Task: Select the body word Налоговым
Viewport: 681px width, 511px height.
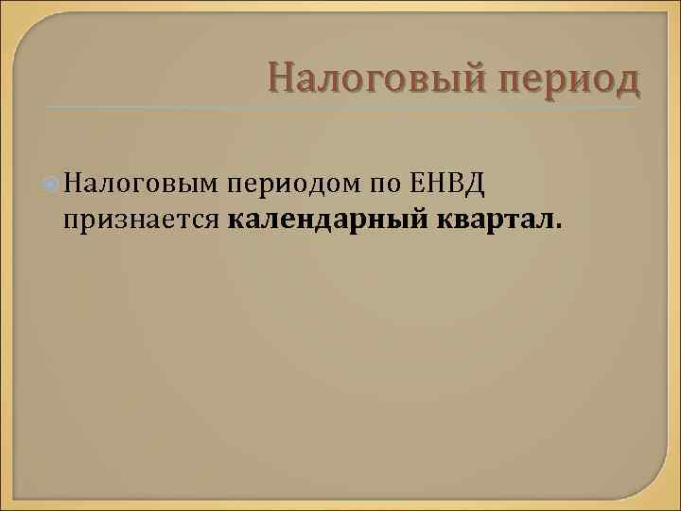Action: [142, 180]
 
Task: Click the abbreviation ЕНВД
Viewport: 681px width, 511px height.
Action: [449, 180]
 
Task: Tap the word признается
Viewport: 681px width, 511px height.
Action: [142, 220]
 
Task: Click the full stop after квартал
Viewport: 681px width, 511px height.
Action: [558, 227]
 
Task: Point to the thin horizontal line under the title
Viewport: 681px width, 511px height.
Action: [340, 106]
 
